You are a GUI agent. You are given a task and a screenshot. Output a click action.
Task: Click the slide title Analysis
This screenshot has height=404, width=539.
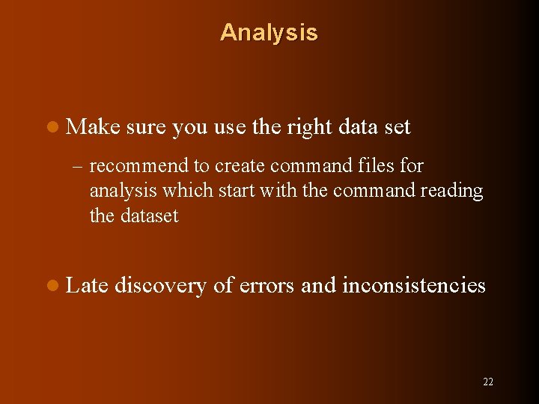(269, 33)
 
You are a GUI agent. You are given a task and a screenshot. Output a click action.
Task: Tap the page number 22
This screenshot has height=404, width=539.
(488, 382)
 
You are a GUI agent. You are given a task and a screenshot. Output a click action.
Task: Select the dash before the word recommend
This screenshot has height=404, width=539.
(79, 165)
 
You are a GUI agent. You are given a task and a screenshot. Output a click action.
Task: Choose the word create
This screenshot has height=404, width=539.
(235, 165)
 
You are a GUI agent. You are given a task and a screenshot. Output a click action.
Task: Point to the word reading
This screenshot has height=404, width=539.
(451, 191)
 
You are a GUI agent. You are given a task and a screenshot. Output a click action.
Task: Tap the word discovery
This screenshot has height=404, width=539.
(160, 286)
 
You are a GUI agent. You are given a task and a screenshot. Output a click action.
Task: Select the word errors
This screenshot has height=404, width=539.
(270, 285)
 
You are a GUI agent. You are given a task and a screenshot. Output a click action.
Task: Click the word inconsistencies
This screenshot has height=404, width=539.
(414, 285)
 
